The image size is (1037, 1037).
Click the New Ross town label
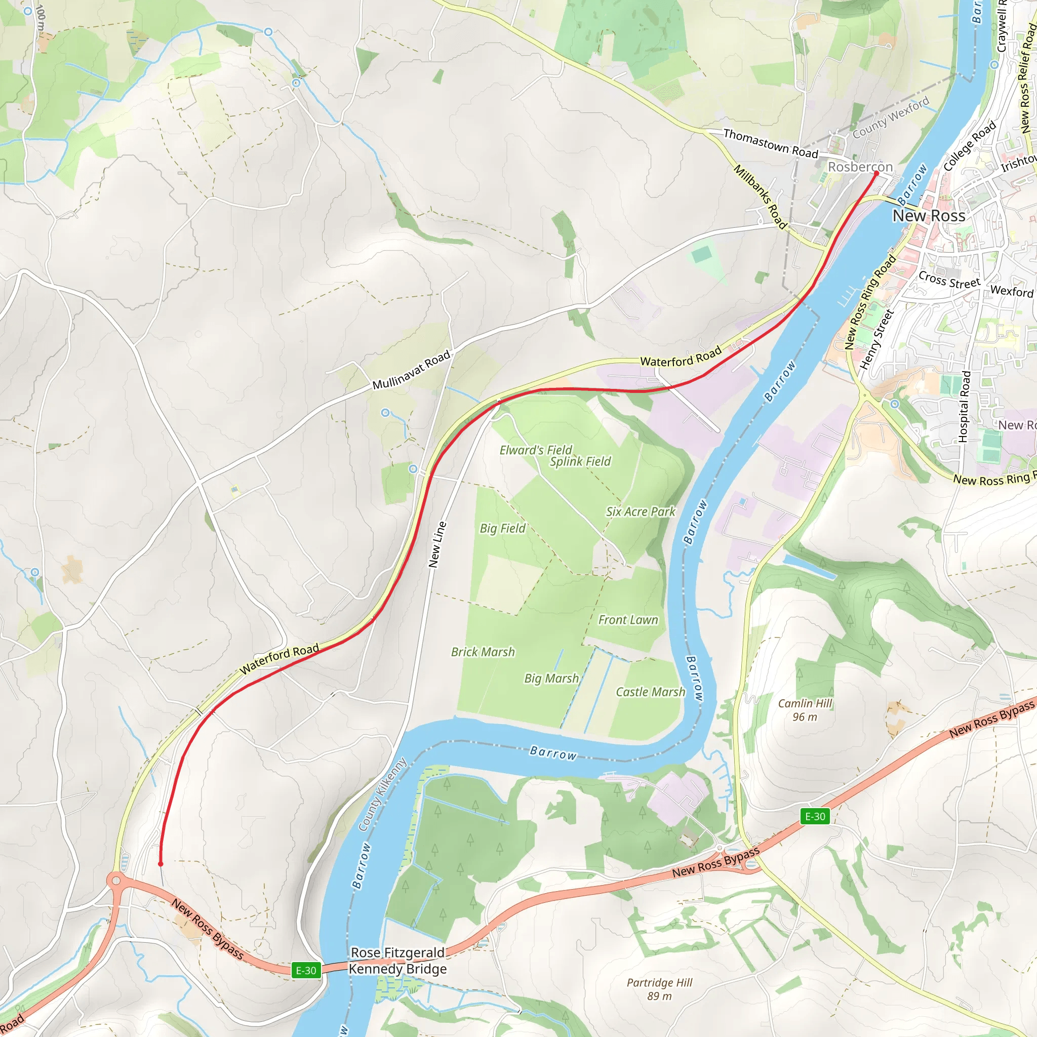tap(929, 216)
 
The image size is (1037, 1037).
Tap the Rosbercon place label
tap(860, 167)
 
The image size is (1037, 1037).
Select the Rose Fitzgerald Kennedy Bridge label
tap(397, 961)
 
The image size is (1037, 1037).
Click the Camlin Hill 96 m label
tap(805, 710)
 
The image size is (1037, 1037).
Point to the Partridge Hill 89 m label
tap(659, 989)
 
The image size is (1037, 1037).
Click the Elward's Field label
tap(536, 450)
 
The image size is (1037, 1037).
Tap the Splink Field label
tap(580, 462)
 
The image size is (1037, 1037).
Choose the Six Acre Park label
tap(641, 511)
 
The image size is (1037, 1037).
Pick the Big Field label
tap(502, 528)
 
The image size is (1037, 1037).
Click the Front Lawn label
tap(628, 620)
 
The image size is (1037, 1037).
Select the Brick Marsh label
tap(483, 652)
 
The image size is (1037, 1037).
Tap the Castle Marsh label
tap(650, 692)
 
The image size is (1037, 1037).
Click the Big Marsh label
tap(551, 679)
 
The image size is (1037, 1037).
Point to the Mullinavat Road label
tap(411, 370)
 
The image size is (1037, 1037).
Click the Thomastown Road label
tap(770, 143)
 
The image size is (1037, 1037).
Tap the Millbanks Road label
tap(760, 196)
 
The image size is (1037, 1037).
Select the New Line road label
tap(437, 544)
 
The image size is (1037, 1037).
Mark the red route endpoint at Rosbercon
tap(876, 173)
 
